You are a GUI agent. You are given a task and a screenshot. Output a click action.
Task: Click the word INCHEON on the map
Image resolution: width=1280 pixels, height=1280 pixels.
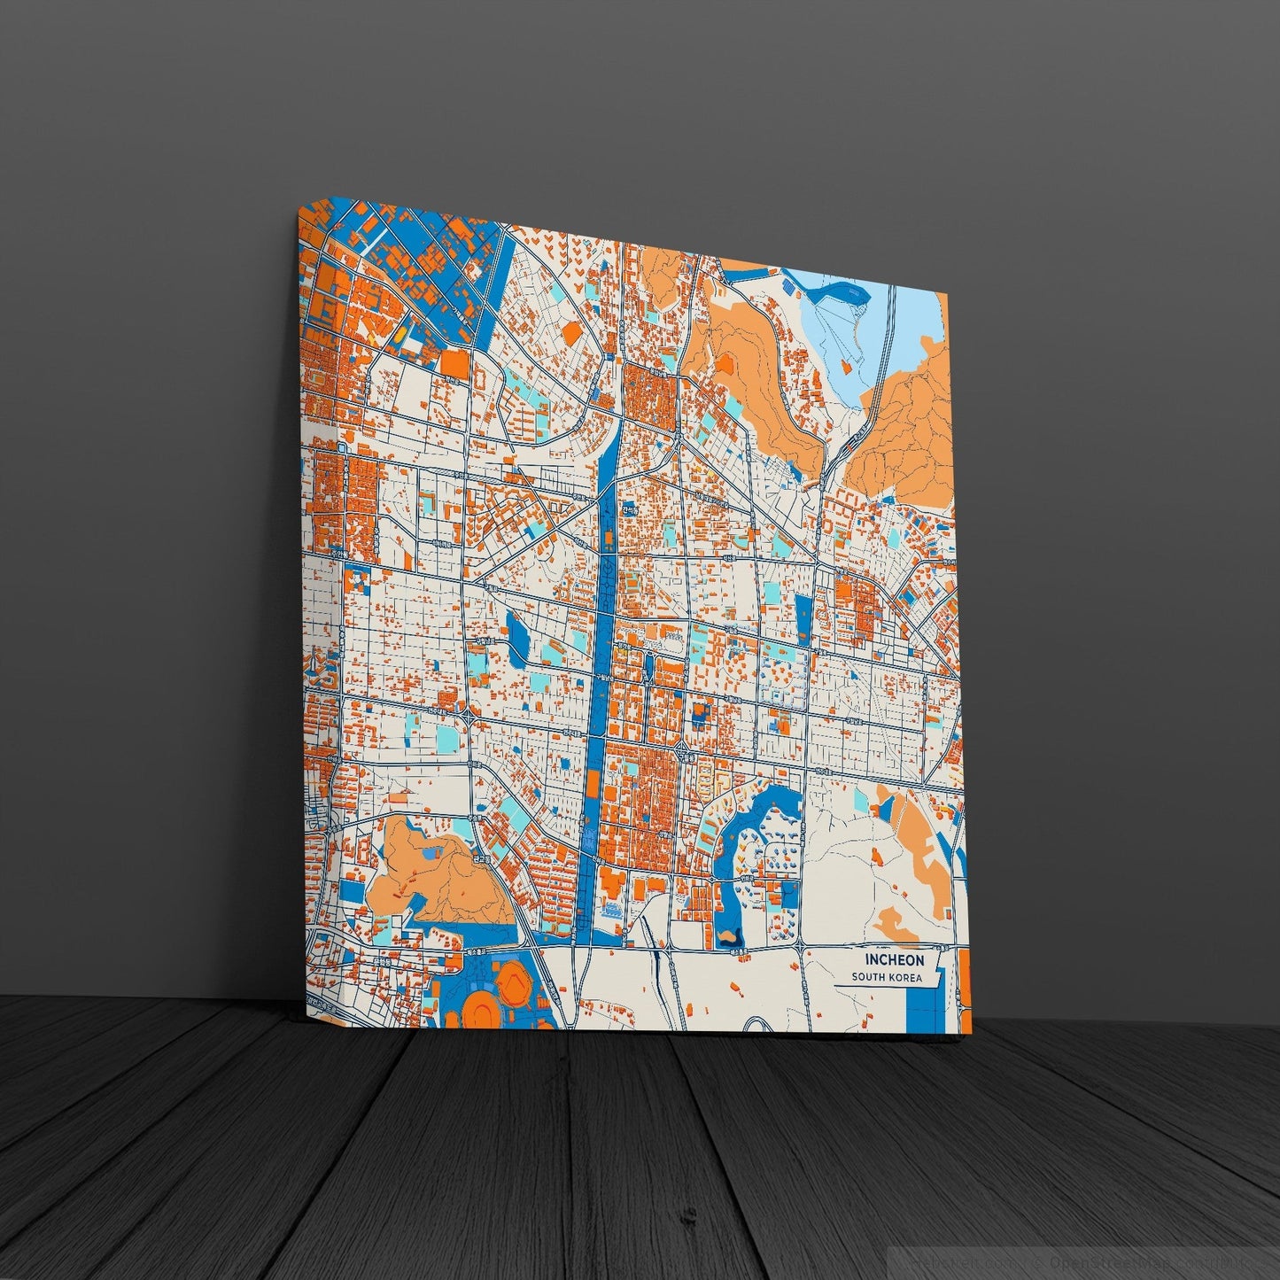[895, 959]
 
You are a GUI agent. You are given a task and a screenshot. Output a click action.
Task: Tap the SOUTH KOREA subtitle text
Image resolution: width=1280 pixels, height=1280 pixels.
[887, 978]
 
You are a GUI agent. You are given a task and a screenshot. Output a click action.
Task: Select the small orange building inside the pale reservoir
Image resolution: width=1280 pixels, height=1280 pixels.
[846, 364]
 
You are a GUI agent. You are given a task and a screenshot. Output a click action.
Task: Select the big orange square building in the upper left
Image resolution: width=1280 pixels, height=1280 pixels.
[454, 361]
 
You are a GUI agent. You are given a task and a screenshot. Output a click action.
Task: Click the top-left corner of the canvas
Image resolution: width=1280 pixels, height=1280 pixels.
[300, 212]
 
